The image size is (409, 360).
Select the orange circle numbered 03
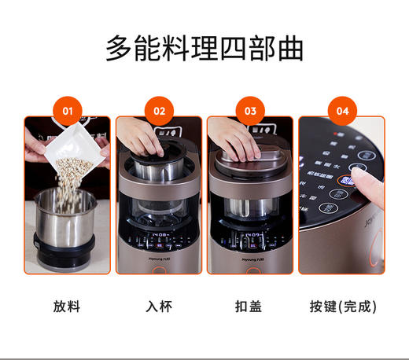coord(250,111)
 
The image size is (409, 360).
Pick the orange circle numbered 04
coord(341,111)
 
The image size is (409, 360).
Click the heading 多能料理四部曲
coord(204,48)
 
